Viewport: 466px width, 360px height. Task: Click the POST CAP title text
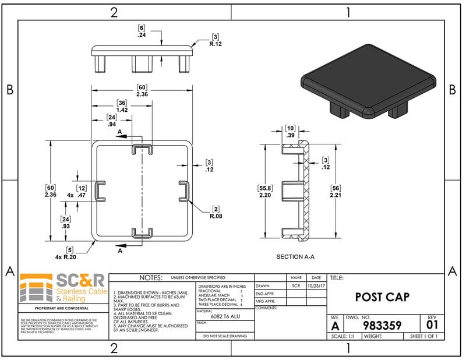[x=382, y=297]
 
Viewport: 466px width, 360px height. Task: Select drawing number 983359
[x=382, y=325]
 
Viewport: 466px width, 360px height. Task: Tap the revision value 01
[x=432, y=324]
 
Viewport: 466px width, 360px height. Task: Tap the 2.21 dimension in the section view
[x=335, y=195]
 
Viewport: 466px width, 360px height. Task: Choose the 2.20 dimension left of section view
[x=265, y=196]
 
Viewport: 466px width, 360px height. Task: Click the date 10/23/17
[x=316, y=286]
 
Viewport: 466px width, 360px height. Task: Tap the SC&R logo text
[x=80, y=281]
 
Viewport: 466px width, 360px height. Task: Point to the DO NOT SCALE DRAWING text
[x=225, y=336]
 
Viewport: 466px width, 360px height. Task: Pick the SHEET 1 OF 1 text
[x=423, y=336]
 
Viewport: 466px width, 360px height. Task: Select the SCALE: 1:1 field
[x=344, y=336]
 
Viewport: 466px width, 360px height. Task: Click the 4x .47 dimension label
[x=77, y=195]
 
